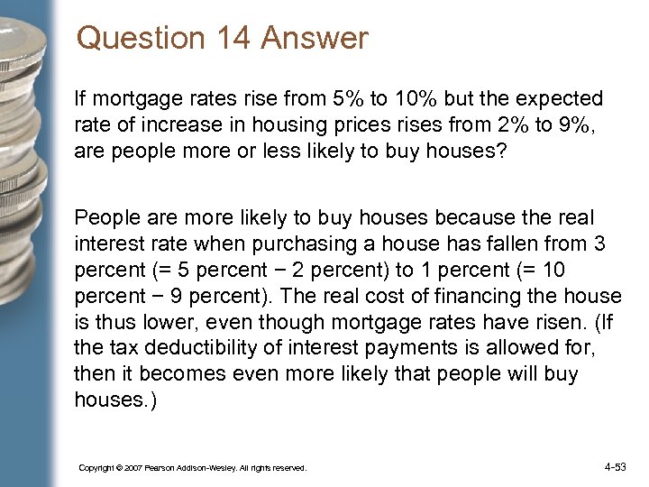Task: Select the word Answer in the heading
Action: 324,39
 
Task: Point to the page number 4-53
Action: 616,467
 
